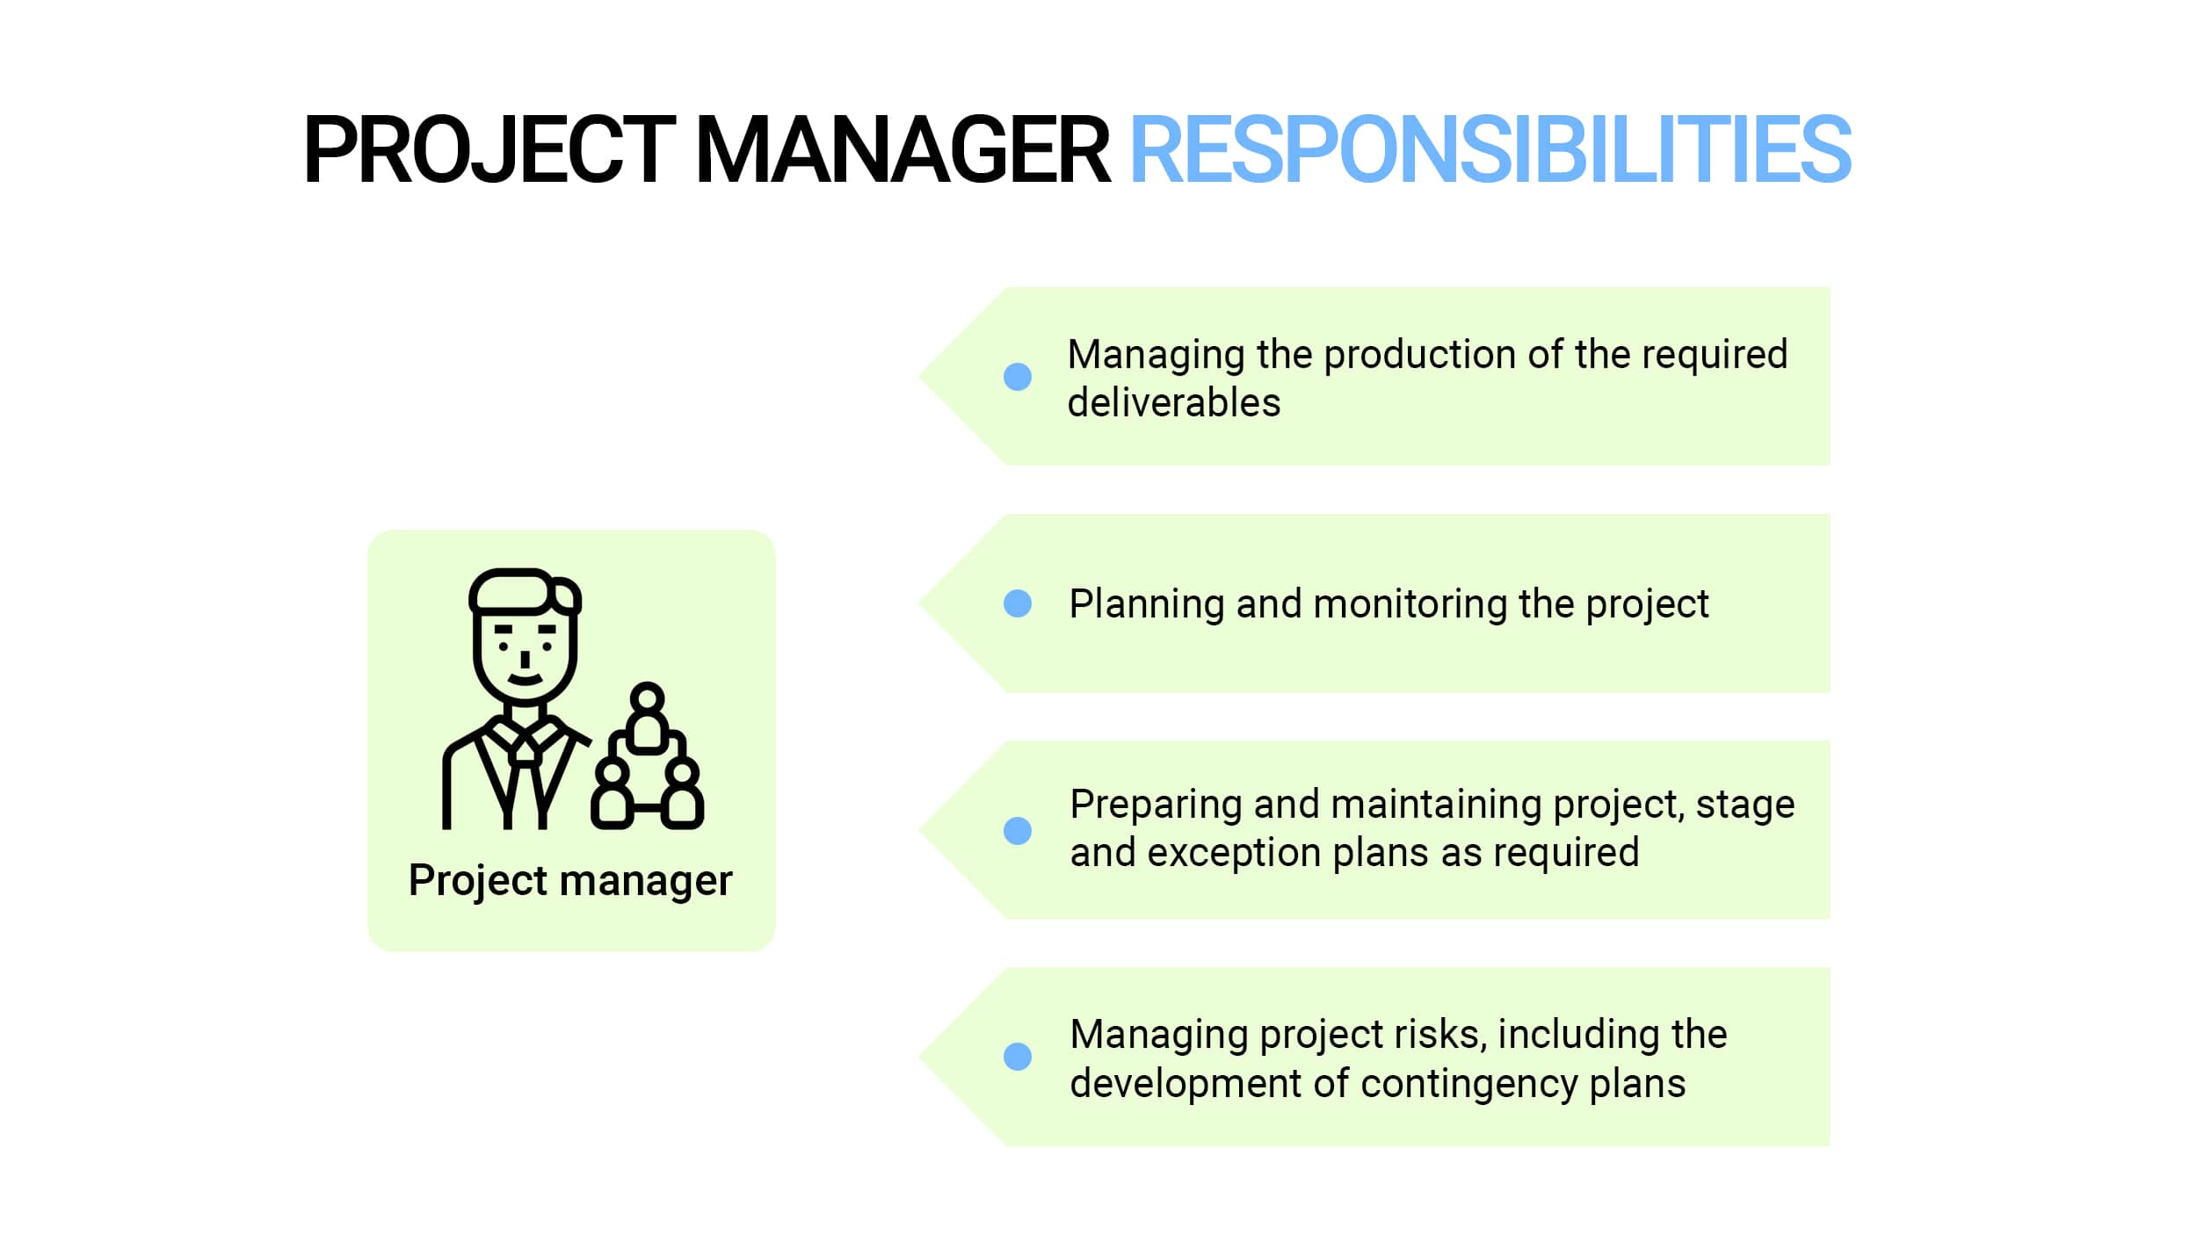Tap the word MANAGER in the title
tap(903, 150)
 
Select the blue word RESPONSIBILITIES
tap(1490, 150)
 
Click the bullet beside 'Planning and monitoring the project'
tap(1018, 603)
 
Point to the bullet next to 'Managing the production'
tap(1018, 377)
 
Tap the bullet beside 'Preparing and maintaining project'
tap(1018, 830)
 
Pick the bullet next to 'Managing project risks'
tap(1018, 1057)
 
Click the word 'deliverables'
tap(1174, 402)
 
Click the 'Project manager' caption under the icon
tap(570, 882)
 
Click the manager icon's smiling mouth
tap(525, 679)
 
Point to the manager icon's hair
tap(525, 591)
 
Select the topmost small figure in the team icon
tap(648, 719)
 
